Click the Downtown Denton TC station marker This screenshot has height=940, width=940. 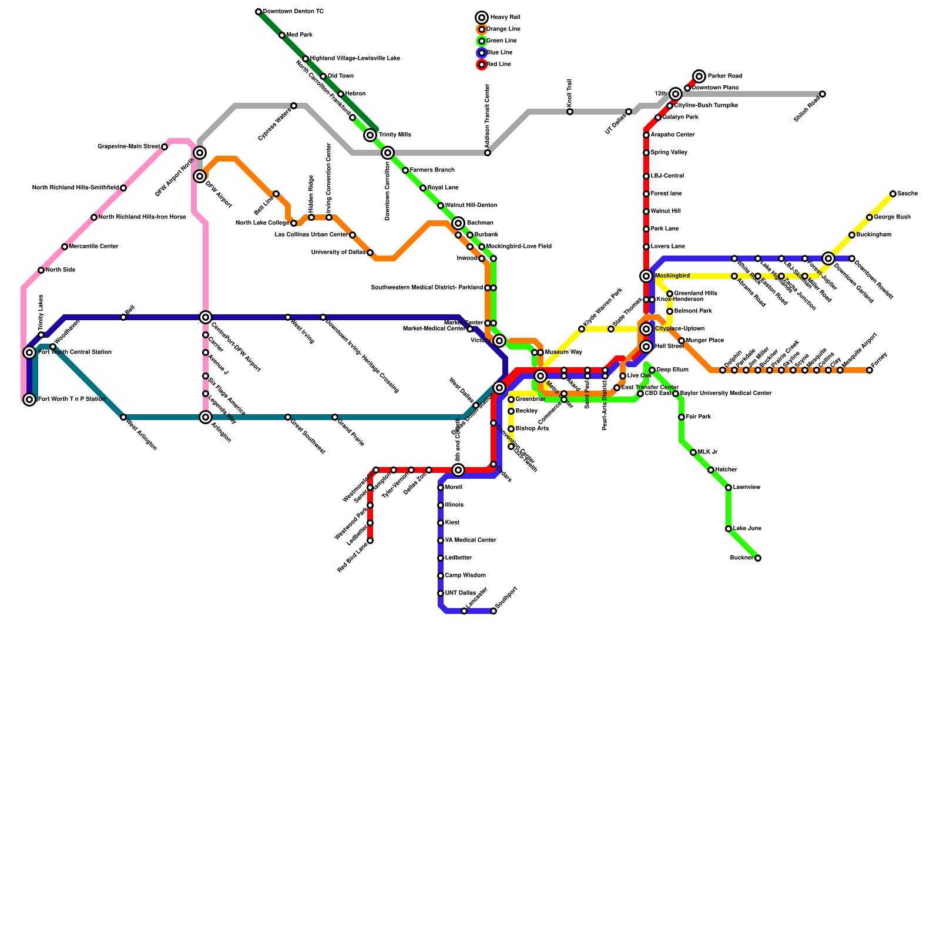[258, 12]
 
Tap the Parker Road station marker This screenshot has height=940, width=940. [699, 76]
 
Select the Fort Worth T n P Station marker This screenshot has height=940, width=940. [29, 399]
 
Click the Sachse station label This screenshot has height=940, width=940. [907, 194]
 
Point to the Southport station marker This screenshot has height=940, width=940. [493, 611]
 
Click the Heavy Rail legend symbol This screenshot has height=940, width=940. [482, 18]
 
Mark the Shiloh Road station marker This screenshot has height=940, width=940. [822, 94]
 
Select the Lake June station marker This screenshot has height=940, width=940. [728, 529]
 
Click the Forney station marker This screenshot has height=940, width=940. [869, 370]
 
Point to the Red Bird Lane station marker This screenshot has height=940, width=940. [370, 540]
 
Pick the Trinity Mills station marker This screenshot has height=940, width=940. [370, 135]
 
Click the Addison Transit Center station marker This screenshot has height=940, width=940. [488, 153]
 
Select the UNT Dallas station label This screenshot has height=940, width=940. [460, 593]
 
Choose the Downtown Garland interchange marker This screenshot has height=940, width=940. [828, 258]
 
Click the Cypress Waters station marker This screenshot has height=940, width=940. [294, 106]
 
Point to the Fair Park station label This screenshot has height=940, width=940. [699, 417]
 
